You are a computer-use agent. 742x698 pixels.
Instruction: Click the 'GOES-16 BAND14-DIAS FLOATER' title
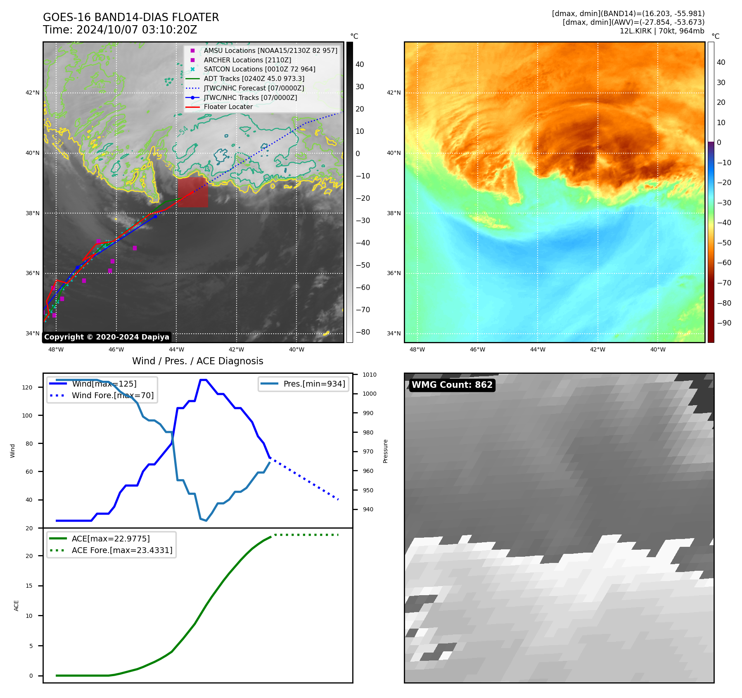pyautogui.click(x=131, y=17)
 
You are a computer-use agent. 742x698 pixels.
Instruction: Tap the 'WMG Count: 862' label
pyautogui.click(x=452, y=385)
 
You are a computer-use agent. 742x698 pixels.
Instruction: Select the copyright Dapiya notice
pyautogui.click(x=107, y=337)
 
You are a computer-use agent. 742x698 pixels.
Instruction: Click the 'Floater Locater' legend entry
pyautogui.click(x=228, y=107)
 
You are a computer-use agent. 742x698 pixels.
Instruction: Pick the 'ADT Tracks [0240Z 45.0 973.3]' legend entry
pyautogui.click(x=254, y=78)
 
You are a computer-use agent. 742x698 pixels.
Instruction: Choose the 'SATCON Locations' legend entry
pyautogui.click(x=259, y=69)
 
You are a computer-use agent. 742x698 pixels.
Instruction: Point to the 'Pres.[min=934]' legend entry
pyautogui.click(x=314, y=384)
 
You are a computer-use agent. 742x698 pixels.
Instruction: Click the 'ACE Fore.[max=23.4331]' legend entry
pyautogui.click(x=122, y=550)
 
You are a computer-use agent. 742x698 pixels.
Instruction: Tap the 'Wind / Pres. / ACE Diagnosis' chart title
pyautogui.click(x=197, y=361)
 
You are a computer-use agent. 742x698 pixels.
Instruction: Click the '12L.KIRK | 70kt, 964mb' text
pyautogui.click(x=662, y=31)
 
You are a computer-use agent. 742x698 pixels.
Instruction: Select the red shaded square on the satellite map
pyautogui.click(x=193, y=192)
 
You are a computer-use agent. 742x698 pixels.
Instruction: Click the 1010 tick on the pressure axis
pyautogui.click(x=370, y=375)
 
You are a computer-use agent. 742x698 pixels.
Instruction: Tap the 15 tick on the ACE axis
pyautogui.click(x=29, y=586)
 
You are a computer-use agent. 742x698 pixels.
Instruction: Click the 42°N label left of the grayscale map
pyautogui.click(x=33, y=93)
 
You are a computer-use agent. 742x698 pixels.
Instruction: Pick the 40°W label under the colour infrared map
pyautogui.click(x=658, y=349)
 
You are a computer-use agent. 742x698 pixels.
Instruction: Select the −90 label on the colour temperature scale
pyautogui.click(x=724, y=323)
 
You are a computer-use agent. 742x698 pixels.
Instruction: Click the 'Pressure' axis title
pyautogui.click(x=385, y=451)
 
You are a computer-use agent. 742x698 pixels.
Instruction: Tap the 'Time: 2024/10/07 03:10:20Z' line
pyautogui.click(x=120, y=30)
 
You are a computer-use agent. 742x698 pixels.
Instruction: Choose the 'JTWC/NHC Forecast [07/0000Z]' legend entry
pyautogui.click(x=254, y=88)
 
